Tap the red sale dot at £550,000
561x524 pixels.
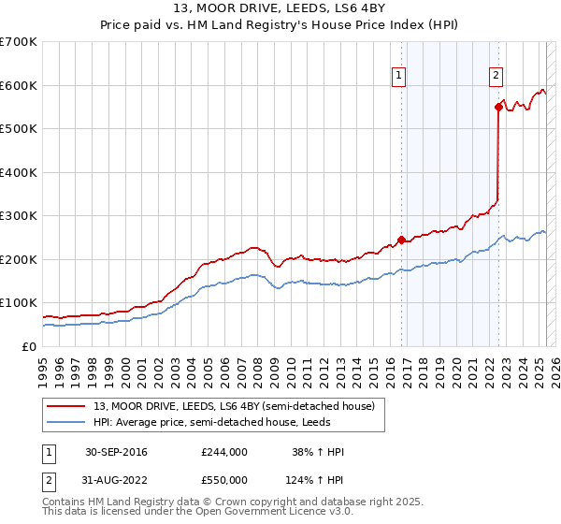tap(498, 108)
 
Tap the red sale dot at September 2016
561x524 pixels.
tap(401, 240)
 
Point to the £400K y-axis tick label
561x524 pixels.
tap(19, 172)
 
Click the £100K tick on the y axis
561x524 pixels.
tap(19, 303)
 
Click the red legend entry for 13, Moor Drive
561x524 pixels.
tap(234, 405)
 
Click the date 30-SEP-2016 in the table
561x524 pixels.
tap(116, 452)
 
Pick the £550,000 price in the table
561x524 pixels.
tap(223, 479)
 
